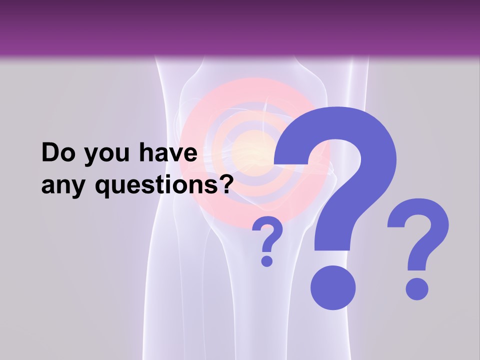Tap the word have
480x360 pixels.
coord(169,153)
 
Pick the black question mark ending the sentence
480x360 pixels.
coord(226,184)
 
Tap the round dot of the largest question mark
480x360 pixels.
coord(332,288)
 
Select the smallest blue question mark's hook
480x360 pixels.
coord(269,234)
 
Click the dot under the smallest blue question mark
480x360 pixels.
coord(267,260)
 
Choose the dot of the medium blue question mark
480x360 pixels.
coord(416,289)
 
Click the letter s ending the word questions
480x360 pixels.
coord(213,187)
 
